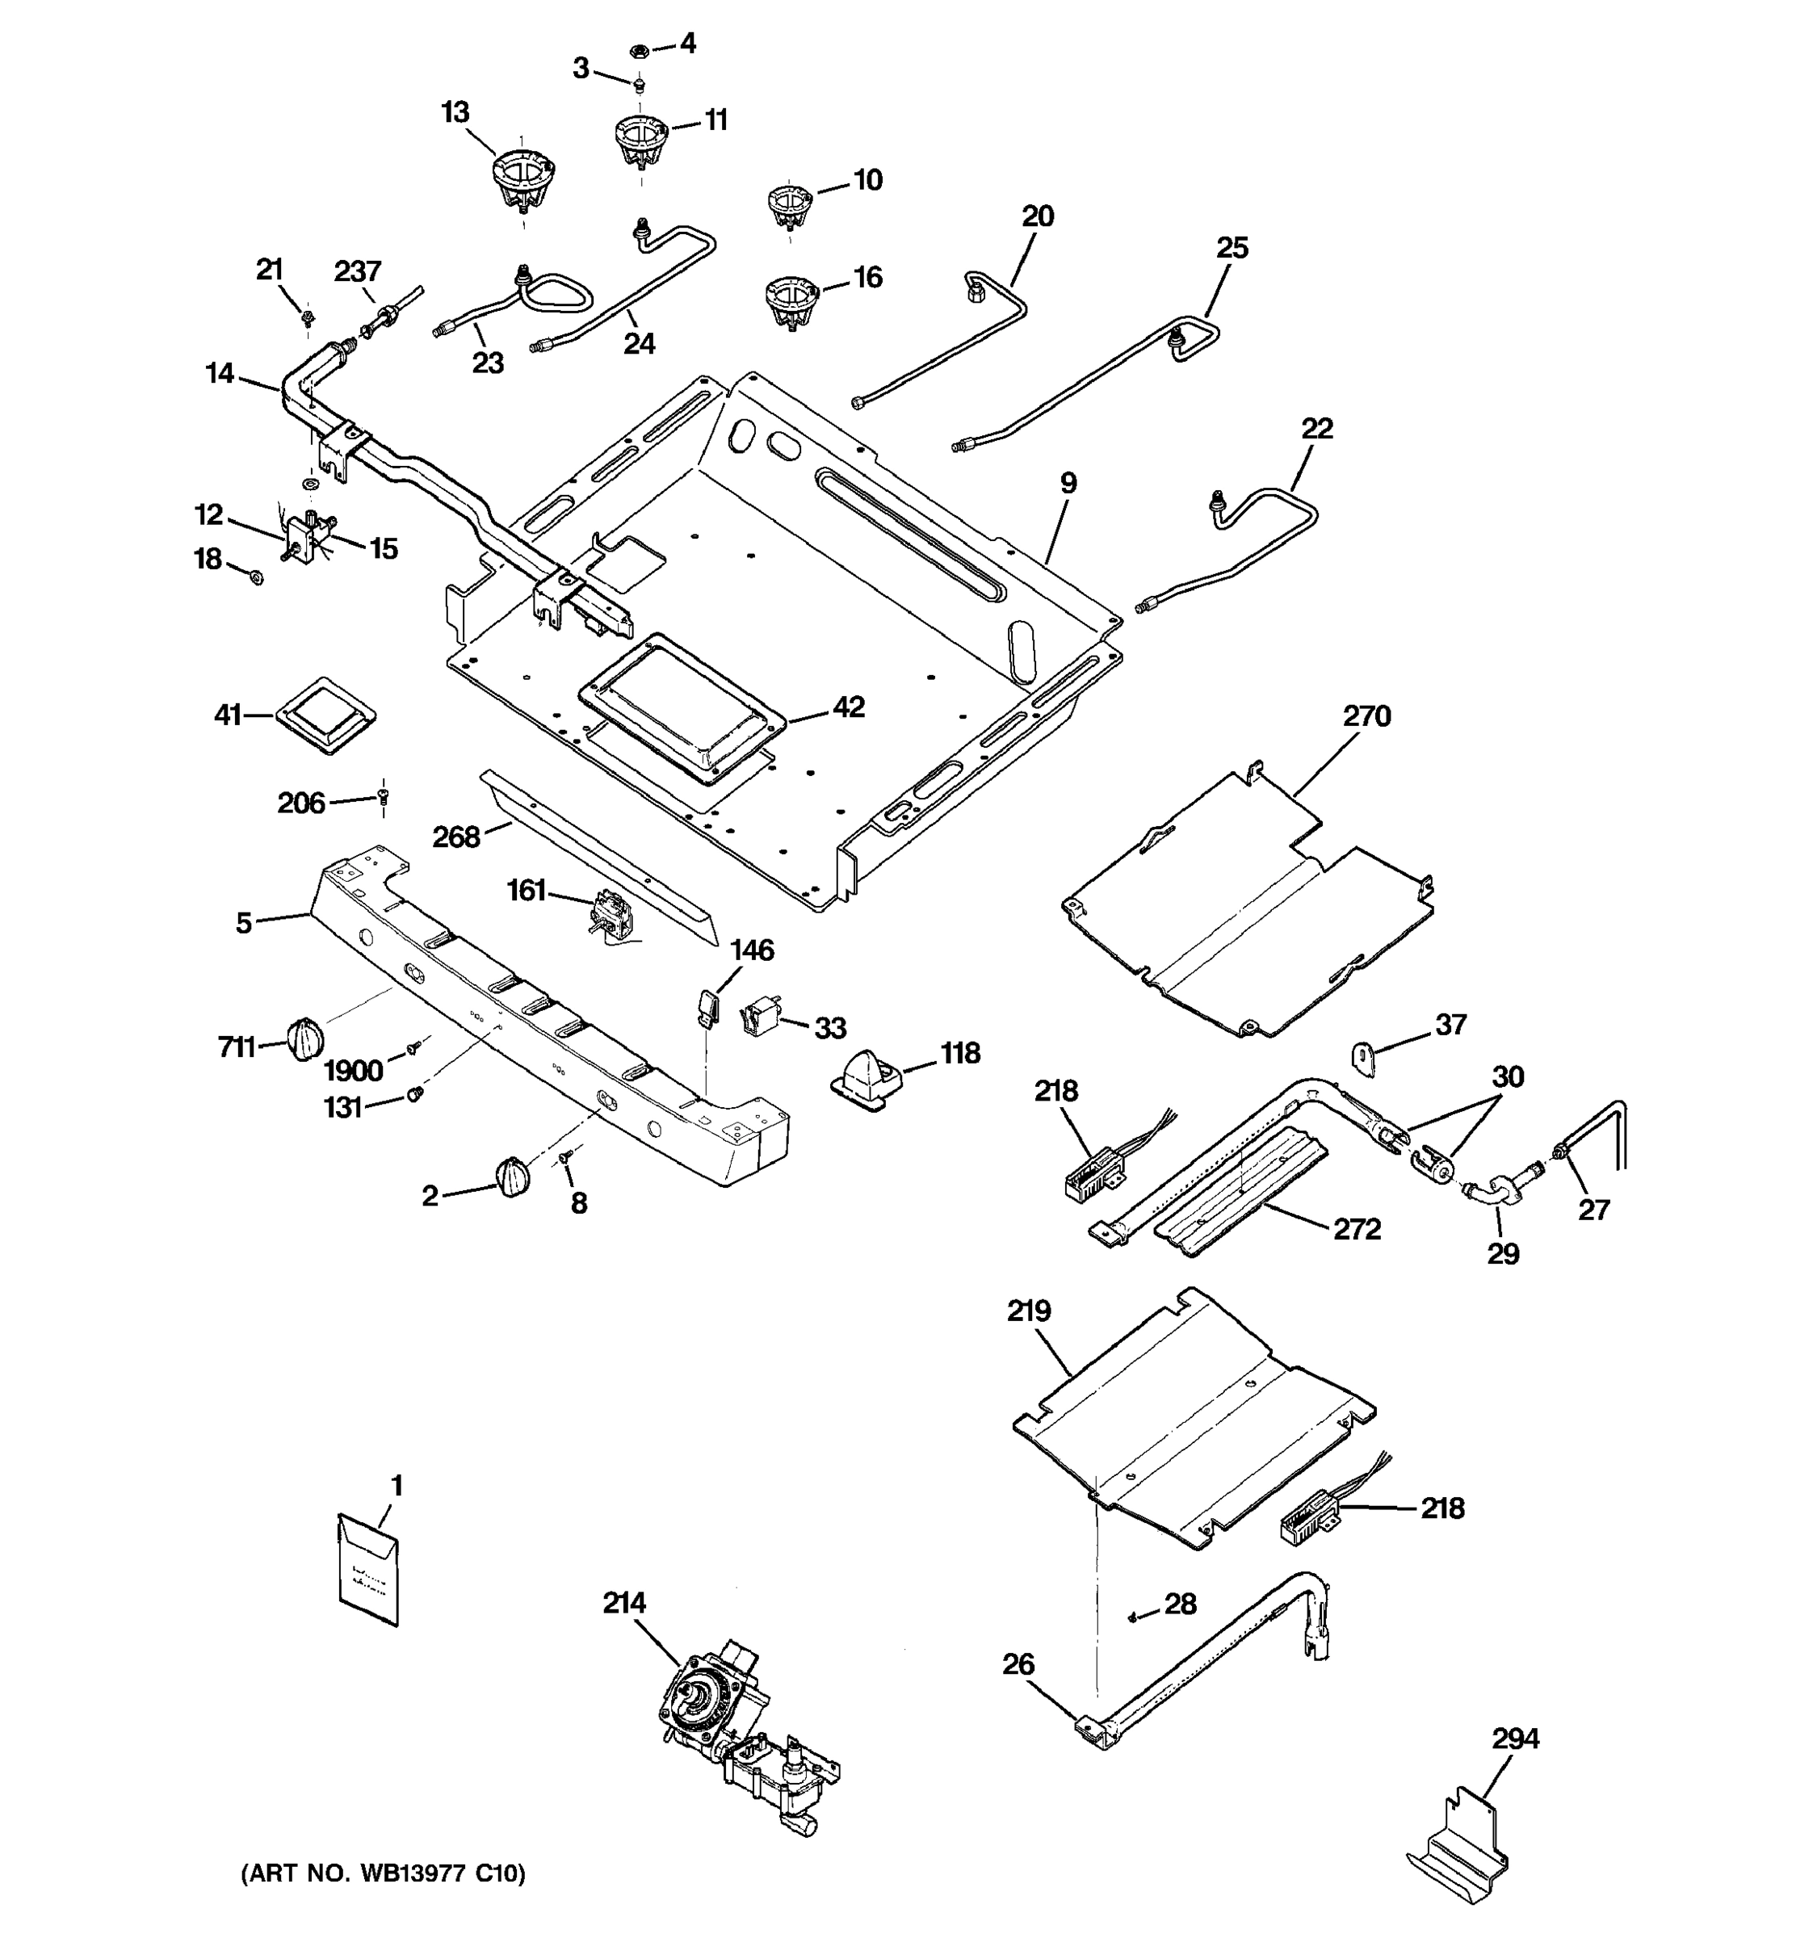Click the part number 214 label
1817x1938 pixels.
pyautogui.click(x=624, y=1603)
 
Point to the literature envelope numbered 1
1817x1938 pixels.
pyautogui.click(x=367, y=1570)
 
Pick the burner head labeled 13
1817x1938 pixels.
pyautogui.click(x=523, y=180)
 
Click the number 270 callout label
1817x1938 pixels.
pyautogui.click(x=1366, y=716)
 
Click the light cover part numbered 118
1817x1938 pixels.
pyautogui.click(x=866, y=1078)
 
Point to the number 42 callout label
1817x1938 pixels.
pyautogui.click(x=848, y=707)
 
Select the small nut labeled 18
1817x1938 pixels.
pyautogui.click(x=255, y=578)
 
